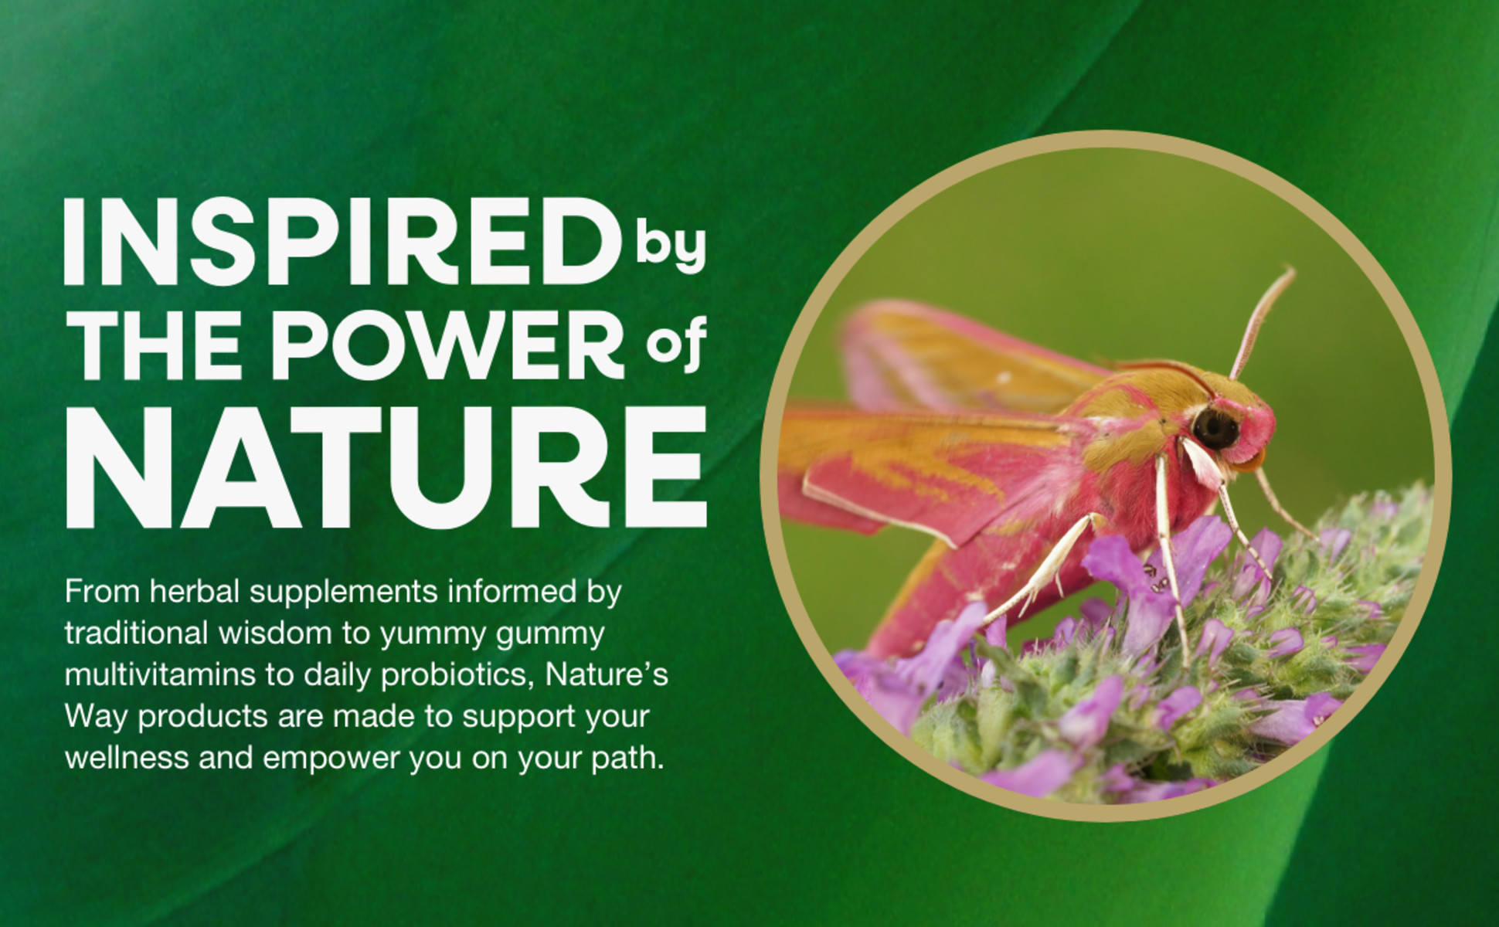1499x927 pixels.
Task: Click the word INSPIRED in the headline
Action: coord(342,242)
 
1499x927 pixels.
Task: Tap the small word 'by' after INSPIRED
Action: coord(670,248)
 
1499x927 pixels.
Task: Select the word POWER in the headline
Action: coord(448,345)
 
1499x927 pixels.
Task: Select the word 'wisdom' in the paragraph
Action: coord(275,633)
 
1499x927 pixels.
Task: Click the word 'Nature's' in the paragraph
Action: coord(607,675)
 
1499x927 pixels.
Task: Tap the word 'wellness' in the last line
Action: coord(127,759)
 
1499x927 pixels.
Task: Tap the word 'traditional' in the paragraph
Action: coord(137,633)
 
